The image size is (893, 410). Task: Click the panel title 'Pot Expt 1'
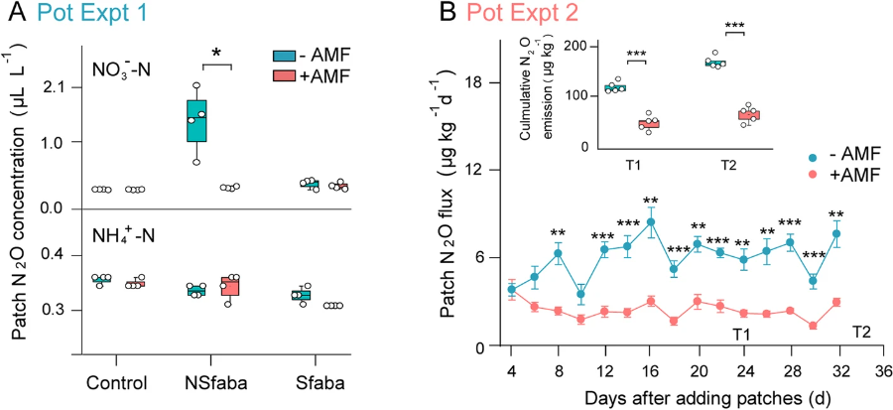click(x=75, y=13)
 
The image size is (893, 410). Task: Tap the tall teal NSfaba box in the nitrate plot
click(x=197, y=120)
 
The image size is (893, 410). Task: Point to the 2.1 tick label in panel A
click(x=53, y=87)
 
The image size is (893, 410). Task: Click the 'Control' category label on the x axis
click(x=117, y=383)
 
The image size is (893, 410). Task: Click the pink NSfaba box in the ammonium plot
click(x=230, y=286)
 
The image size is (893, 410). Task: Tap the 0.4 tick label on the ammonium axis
click(x=53, y=256)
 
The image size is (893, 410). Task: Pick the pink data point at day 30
click(x=814, y=326)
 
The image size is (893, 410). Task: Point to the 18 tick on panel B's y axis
click(x=488, y=82)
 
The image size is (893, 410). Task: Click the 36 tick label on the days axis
click(x=881, y=370)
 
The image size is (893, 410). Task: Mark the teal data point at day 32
click(x=836, y=234)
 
